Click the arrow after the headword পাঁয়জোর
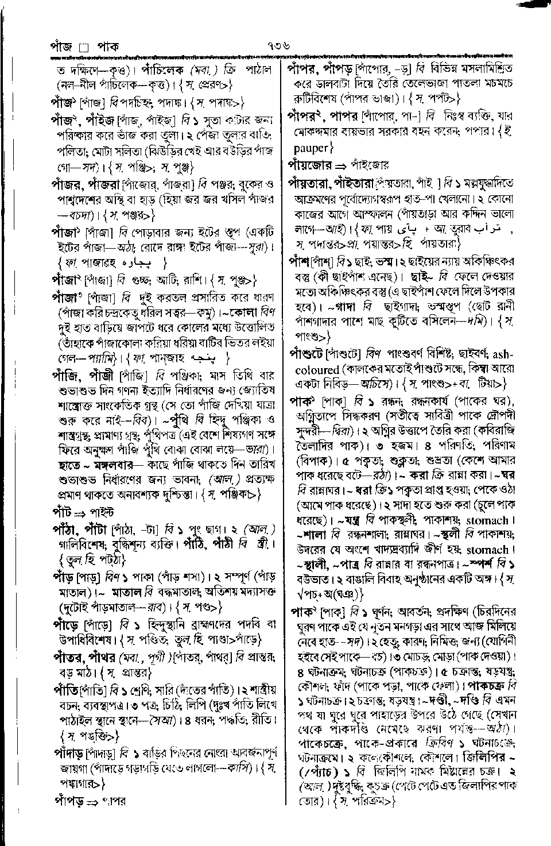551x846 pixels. pyautogui.click(x=340, y=165)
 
